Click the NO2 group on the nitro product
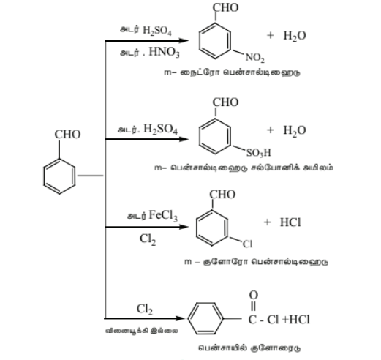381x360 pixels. pyautogui.click(x=254, y=58)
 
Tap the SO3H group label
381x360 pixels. pyautogui.click(x=259, y=153)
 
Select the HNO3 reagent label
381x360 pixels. pyautogui.click(x=164, y=52)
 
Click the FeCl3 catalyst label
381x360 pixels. pyautogui.click(x=163, y=215)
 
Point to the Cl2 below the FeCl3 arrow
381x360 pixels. pyautogui.click(x=148, y=239)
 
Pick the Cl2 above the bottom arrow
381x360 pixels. pyautogui.click(x=145, y=310)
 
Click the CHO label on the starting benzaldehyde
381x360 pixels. pyautogui.click(x=67, y=135)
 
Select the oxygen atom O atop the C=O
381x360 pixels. pyautogui.click(x=254, y=295)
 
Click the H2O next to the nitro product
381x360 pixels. pyautogui.click(x=295, y=36)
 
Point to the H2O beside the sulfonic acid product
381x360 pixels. pyautogui.click(x=295, y=130)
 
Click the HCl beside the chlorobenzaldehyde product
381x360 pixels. pyautogui.click(x=290, y=222)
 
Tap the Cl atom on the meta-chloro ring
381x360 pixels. pyautogui.click(x=247, y=244)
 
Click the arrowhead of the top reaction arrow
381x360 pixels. pyautogui.click(x=184, y=41)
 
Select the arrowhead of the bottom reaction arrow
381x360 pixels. pyautogui.click(x=180, y=318)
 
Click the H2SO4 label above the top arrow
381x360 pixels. pyautogui.click(x=157, y=31)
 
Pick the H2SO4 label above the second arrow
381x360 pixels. pyautogui.click(x=160, y=129)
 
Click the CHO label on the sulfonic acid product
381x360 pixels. pyautogui.click(x=225, y=102)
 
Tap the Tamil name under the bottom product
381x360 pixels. pyautogui.click(x=249, y=348)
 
